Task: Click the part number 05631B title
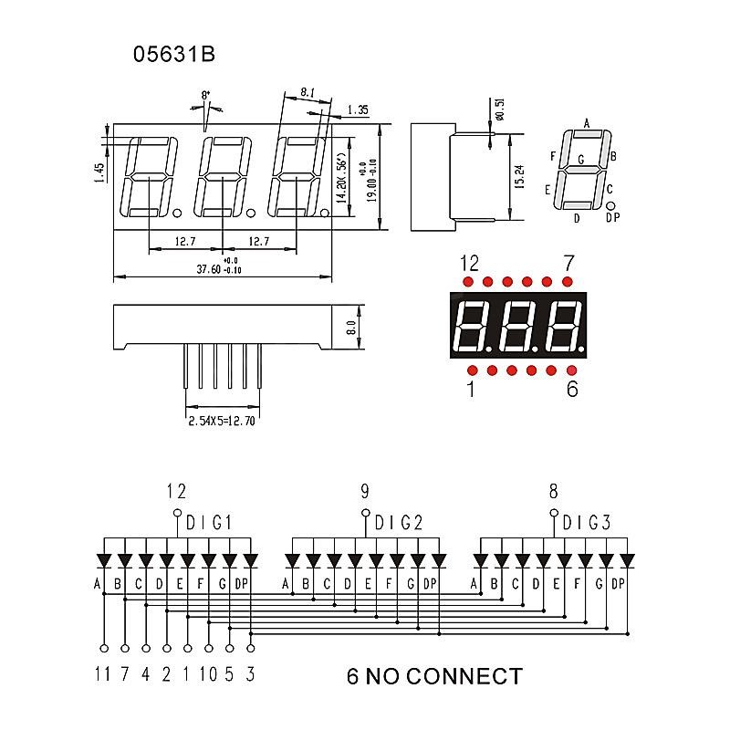(x=174, y=55)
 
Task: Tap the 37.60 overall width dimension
(x=219, y=269)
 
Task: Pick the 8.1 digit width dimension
(x=308, y=92)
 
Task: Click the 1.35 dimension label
(x=358, y=110)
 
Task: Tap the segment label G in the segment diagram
(x=580, y=159)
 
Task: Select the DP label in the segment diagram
(x=612, y=217)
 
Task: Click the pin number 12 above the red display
(x=469, y=264)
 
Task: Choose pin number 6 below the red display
(x=572, y=389)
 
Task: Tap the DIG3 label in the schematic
(x=587, y=523)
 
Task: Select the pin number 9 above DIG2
(x=365, y=492)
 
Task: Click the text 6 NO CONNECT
(x=434, y=676)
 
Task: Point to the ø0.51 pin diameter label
(x=498, y=109)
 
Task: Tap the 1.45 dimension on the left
(x=100, y=171)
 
